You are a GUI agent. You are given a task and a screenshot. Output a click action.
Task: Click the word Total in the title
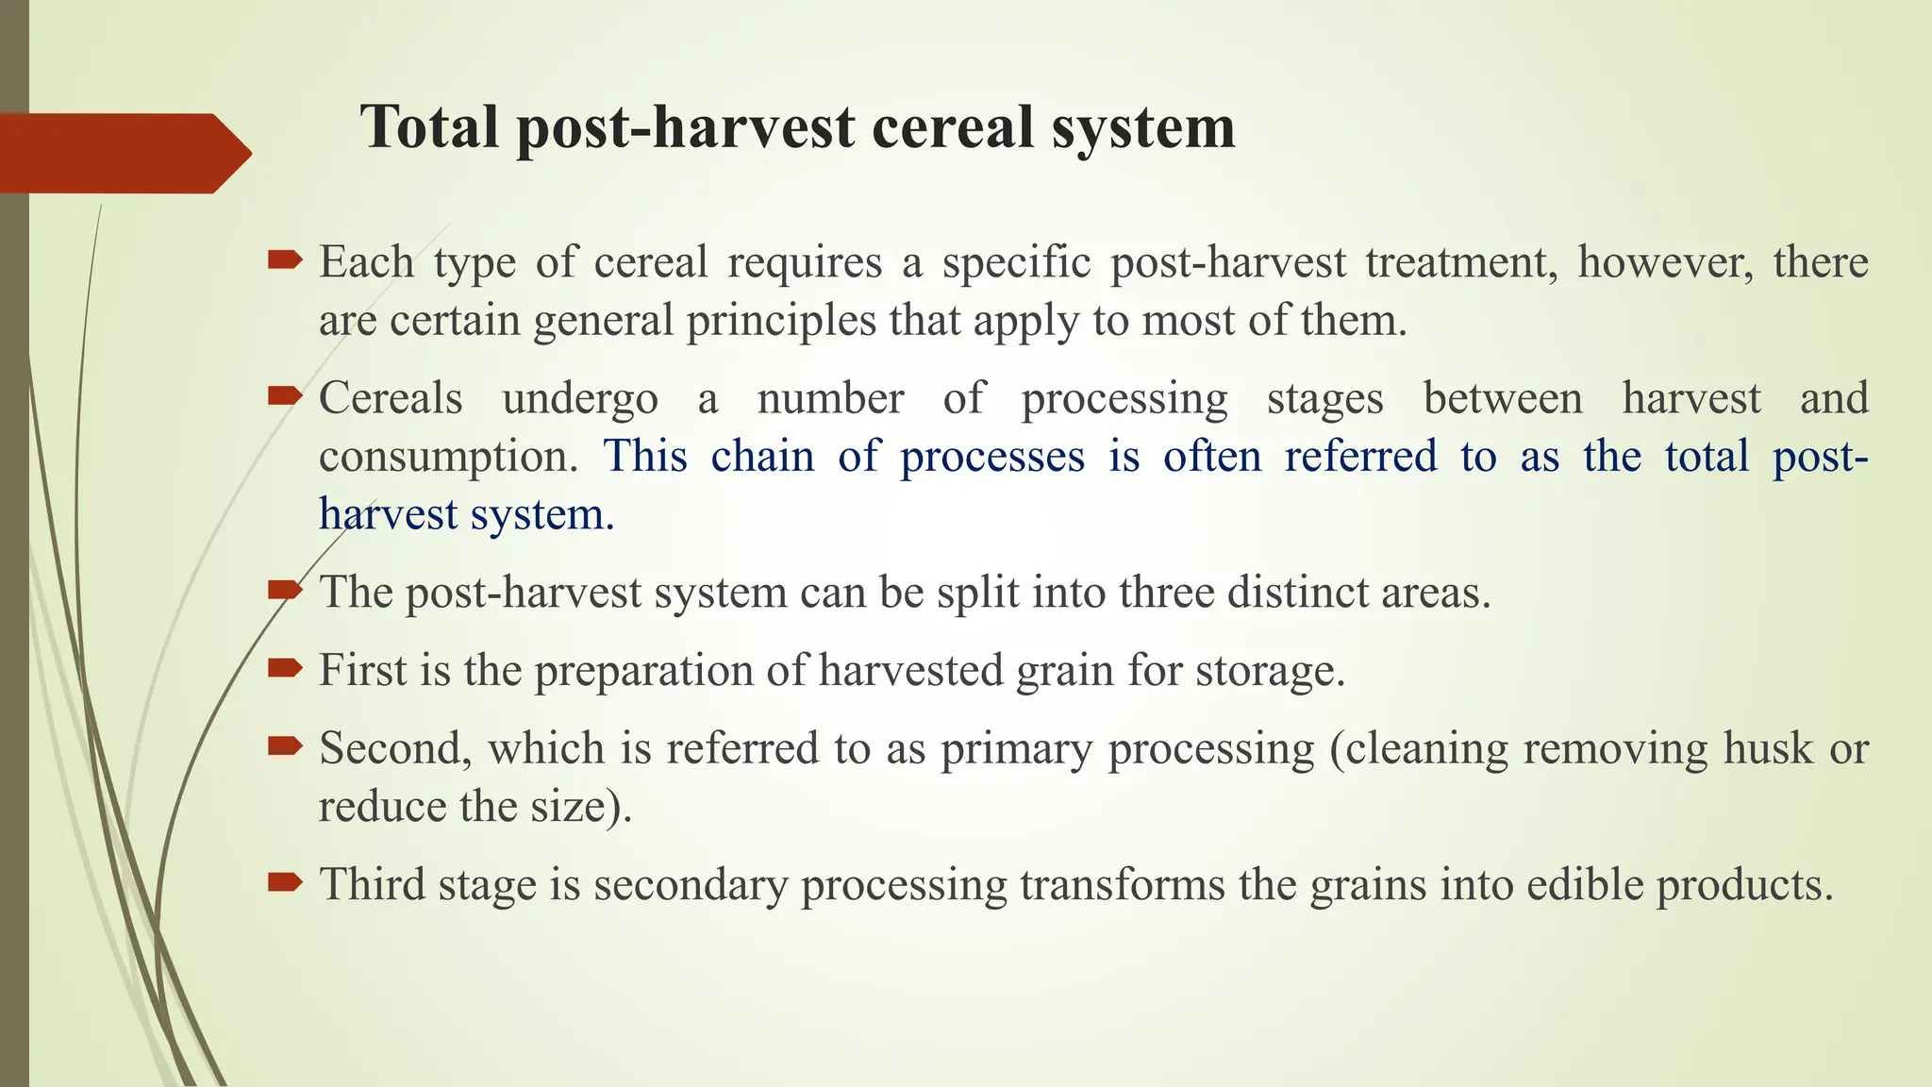(429, 126)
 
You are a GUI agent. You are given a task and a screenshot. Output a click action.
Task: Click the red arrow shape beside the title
(123, 153)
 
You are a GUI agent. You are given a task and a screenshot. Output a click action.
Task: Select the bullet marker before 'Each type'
(284, 259)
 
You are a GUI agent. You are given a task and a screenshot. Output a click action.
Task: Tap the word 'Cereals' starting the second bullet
(391, 398)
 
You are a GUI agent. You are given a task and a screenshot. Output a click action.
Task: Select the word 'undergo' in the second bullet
(580, 398)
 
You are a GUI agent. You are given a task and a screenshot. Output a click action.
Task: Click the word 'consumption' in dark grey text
(446, 457)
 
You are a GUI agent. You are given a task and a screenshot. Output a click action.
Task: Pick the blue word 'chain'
(762, 457)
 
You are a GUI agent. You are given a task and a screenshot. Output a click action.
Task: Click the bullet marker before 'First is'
(284, 669)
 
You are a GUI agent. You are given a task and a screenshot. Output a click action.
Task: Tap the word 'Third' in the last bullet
(373, 885)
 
